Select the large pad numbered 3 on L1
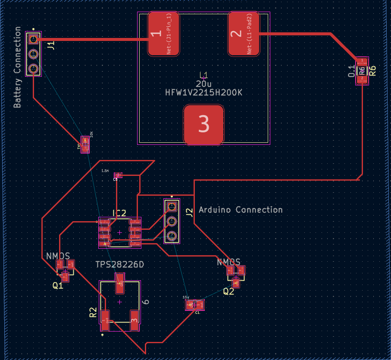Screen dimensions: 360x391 (204, 124)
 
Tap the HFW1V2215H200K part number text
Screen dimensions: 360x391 (204, 92)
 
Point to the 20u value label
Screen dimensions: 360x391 (204, 84)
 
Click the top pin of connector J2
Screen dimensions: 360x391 (172, 207)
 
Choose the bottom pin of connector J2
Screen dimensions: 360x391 (172, 236)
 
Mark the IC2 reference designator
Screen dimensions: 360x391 (119, 213)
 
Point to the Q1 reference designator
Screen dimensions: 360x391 (58, 285)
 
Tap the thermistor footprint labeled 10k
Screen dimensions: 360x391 (85, 147)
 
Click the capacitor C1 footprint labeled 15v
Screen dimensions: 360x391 (195, 305)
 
